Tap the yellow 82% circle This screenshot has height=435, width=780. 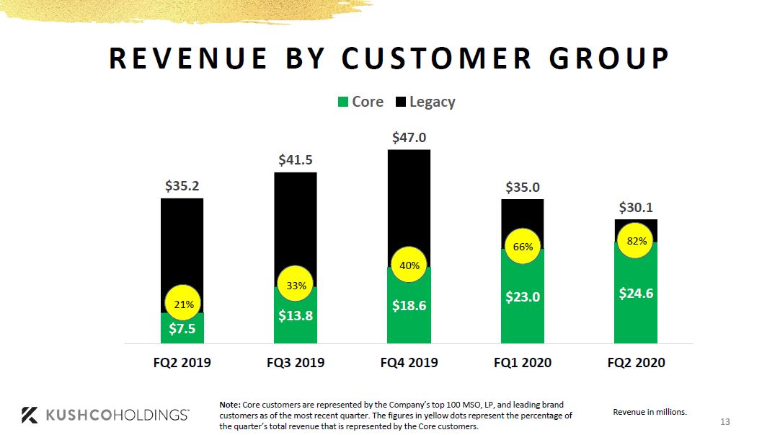pos(637,242)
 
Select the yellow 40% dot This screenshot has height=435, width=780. pos(409,265)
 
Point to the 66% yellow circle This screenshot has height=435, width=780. pos(523,247)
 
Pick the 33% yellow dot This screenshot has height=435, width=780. pos(296,286)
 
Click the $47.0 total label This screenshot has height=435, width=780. pos(409,137)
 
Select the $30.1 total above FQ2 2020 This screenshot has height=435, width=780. pos(636,208)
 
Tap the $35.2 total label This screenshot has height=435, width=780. pos(182,186)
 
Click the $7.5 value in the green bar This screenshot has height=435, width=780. pos(182,330)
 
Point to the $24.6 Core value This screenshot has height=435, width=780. pos(636,294)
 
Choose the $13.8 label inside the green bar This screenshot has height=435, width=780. pos(296,315)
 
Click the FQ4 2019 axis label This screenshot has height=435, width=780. pos(409,363)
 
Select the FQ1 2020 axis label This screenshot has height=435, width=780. pos(523,363)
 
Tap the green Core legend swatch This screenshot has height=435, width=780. pos(343,102)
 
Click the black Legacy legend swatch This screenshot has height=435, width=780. pos(401,102)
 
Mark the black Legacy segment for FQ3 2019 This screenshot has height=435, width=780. pos(296,216)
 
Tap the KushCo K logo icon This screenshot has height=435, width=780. pos(30,415)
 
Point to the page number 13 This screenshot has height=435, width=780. pos(725,422)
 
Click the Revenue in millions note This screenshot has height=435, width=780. pos(650,412)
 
